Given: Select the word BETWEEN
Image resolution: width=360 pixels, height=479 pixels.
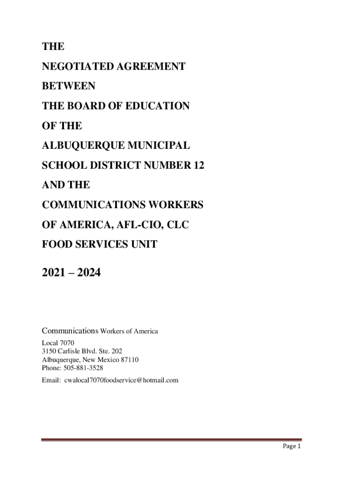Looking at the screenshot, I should (x=69, y=87).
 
